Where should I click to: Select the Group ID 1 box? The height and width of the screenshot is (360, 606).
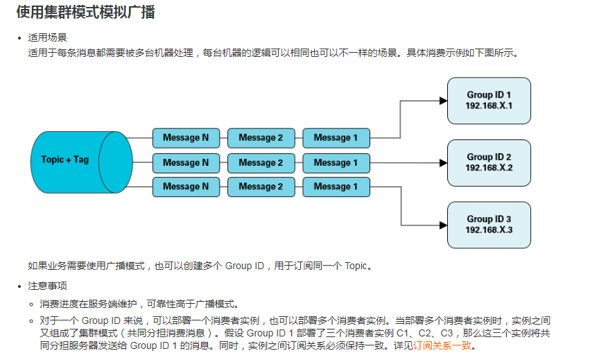coord(489,101)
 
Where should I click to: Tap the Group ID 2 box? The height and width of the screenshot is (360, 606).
coord(489,162)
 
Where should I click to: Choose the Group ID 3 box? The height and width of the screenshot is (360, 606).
coord(489,225)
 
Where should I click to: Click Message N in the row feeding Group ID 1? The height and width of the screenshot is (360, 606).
coord(186,138)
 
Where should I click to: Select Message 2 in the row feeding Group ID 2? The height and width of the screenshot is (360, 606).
coord(261,163)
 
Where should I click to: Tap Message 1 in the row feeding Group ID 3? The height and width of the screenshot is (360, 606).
coord(336,187)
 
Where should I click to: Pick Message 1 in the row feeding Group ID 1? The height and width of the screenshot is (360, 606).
coord(336,138)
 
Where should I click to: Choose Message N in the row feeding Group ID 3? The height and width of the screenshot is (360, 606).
coord(186,187)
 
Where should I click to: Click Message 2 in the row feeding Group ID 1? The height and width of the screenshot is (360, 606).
coord(261,138)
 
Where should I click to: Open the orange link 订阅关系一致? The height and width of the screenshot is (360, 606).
coord(443,345)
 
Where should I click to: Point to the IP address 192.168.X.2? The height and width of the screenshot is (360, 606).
coord(489,168)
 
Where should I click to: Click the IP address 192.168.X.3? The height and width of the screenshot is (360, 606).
coord(489,230)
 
